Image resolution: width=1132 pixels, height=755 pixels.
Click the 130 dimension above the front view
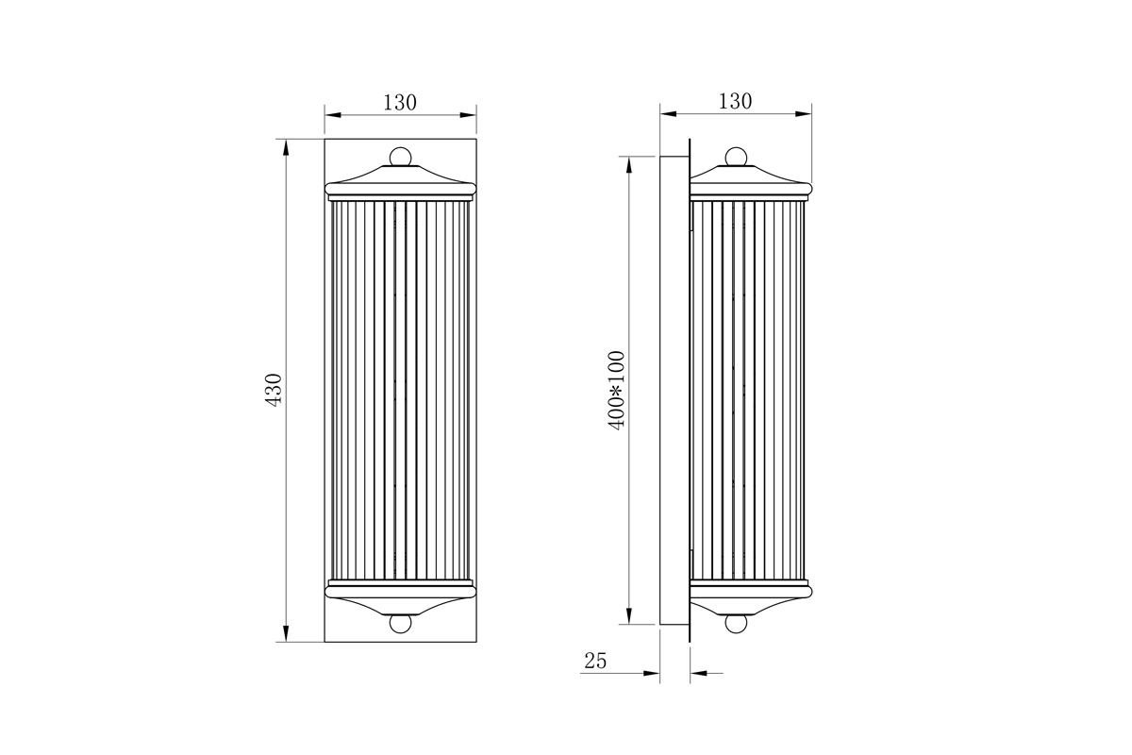pyautogui.click(x=400, y=103)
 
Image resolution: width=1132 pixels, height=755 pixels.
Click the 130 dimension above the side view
pyautogui.click(x=735, y=101)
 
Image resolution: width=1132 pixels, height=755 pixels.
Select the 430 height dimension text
pyautogui.click(x=274, y=390)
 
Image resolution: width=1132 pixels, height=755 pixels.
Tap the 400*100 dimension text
pyautogui.click(x=617, y=390)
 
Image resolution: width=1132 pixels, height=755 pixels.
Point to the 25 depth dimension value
pyautogui.click(x=595, y=662)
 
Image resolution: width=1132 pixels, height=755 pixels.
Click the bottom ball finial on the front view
pyautogui.click(x=401, y=624)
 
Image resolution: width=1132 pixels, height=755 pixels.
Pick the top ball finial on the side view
pyautogui.click(x=737, y=156)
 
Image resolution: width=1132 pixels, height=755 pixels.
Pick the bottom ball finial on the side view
pyautogui.click(x=737, y=624)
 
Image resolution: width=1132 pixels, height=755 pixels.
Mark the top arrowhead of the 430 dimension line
pyautogui.click(x=285, y=146)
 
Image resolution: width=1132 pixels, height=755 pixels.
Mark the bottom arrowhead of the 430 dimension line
pyautogui.click(x=285, y=634)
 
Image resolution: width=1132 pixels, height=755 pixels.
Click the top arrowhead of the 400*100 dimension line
pyautogui.click(x=628, y=163)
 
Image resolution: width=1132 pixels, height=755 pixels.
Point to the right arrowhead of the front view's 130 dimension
pyautogui.click(x=469, y=115)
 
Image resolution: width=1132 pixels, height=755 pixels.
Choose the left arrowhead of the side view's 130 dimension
pyautogui.click(x=668, y=114)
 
